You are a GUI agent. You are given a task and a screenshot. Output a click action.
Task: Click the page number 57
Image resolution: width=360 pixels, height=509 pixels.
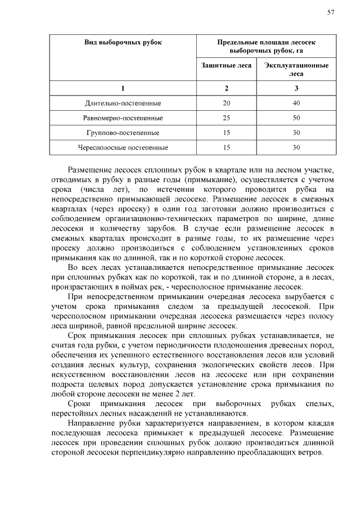(330, 12)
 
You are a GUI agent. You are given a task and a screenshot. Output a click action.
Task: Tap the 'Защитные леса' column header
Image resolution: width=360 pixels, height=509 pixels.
(226, 65)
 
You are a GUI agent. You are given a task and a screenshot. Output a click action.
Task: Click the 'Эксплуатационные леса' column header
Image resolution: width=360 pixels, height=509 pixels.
(296, 69)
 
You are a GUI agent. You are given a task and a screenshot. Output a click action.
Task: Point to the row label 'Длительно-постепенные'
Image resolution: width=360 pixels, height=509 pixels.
(123, 103)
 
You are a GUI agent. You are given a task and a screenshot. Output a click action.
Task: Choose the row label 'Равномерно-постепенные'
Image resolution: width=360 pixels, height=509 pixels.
(123, 118)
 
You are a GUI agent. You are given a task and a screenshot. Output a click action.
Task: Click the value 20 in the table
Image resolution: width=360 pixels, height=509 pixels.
(226, 103)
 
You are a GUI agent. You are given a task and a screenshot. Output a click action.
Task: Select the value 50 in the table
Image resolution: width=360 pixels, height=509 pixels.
(296, 118)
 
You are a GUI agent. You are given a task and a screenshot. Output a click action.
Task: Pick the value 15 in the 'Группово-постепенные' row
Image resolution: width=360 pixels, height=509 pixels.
(226, 133)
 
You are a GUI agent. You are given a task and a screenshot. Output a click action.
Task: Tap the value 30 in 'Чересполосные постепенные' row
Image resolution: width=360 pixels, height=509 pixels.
(296, 147)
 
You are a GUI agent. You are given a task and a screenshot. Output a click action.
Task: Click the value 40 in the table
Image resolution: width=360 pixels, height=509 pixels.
(296, 103)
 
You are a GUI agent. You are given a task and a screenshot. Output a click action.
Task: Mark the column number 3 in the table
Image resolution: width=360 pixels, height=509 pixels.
(296, 88)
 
